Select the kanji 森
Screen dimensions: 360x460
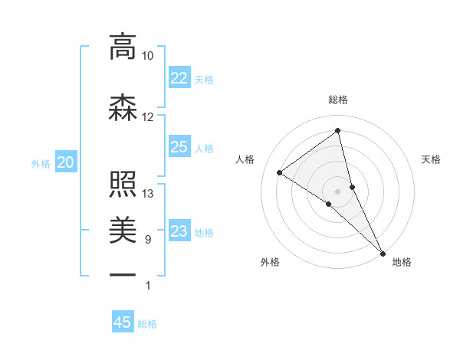pos(123,107)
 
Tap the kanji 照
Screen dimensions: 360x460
pos(123,184)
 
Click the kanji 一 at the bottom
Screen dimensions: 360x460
pos(123,274)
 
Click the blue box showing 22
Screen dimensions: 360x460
pos(179,77)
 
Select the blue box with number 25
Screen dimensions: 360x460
pos(179,147)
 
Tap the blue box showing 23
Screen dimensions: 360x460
pos(179,231)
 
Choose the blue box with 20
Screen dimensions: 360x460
pos(66,162)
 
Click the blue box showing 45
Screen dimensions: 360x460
pos(123,322)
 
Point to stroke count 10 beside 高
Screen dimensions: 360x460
pos(147,56)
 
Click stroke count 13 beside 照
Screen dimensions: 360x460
pos(147,194)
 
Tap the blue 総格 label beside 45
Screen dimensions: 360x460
pos(147,324)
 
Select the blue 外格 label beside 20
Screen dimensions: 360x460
pos(41,163)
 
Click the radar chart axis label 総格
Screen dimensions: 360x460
pos(338,100)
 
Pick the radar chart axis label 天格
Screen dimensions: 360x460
pos(432,159)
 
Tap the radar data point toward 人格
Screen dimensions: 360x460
pos(280,172)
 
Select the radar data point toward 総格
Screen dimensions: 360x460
pos(338,130)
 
